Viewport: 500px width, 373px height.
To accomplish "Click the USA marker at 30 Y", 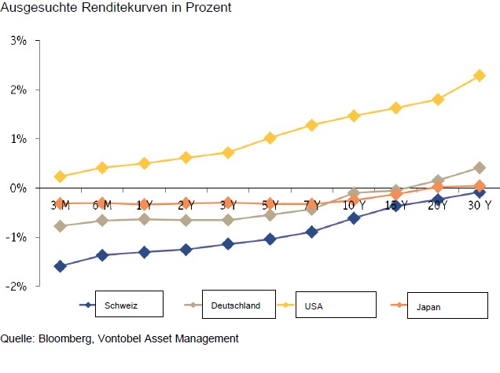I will [x=479, y=75].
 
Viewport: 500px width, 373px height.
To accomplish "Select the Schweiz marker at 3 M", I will [x=61, y=266].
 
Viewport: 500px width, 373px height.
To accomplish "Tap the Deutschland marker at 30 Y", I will [x=479, y=167].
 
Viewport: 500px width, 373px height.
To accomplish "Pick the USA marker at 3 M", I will [x=61, y=177].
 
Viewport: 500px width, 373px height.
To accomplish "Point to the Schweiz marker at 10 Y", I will [x=354, y=218].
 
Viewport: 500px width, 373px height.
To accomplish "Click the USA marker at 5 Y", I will [x=270, y=137].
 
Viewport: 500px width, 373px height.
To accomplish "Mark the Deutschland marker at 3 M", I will [x=61, y=226].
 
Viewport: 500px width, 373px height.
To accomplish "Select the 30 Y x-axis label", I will [x=479, y=206].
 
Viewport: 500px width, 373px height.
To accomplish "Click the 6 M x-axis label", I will [x=102, y=206].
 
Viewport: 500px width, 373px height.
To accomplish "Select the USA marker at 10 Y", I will [x=354, y=115].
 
